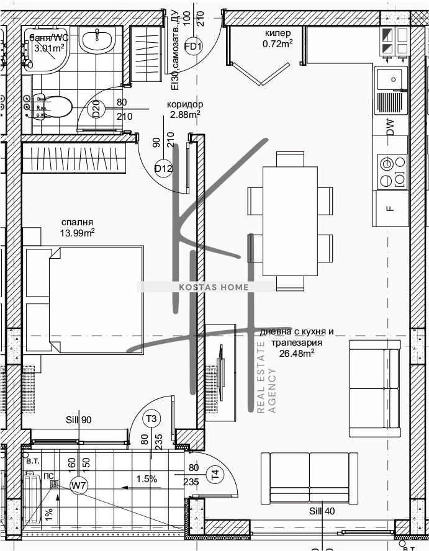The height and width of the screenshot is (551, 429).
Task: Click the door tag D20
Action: pos(96,110)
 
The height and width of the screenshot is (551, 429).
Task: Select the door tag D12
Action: pos(163,168)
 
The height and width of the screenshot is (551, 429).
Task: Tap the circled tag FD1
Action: pos(194,47)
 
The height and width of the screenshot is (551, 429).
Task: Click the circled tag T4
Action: pos(215,475)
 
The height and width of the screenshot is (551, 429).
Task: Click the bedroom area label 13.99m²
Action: pos(78,233)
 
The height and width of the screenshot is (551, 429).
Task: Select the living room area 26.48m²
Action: pos(296,354)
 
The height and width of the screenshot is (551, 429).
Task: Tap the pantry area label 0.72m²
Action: pos(278,43)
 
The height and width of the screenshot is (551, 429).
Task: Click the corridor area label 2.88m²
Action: pos(185,114)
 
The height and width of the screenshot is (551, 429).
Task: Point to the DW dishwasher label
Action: pos(390,127)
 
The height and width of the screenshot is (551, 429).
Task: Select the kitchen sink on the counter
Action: pos(390,81)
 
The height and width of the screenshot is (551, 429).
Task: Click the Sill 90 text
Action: pos(79,420)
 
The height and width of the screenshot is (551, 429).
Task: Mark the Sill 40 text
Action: pos(322,511)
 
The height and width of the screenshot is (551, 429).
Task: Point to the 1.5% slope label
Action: pos(147,478)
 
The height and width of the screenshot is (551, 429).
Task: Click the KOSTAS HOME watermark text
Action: pos(205,287)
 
